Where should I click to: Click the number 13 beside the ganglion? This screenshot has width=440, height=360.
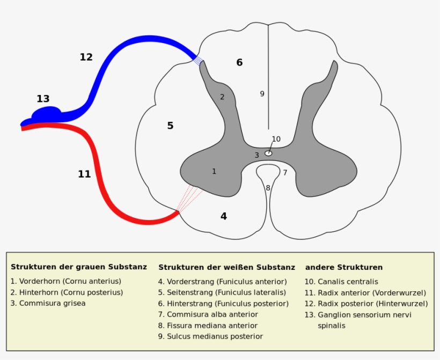pyautogui.click(x=43, y=99)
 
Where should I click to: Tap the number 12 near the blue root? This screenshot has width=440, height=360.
pyautogui.click(x=86, y=57)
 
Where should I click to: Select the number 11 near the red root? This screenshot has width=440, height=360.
pyautogui.click(x=84, y=174)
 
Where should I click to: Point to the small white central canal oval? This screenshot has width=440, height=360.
pyautogui.click(x=268, y=153)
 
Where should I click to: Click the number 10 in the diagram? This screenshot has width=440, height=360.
pyautogui.click(x=276, y=139)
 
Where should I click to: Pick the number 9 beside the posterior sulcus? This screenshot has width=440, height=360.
pyautogui.click(x=262, y=94)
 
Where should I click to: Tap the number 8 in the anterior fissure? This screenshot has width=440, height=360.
pyautogui.click(x=268, y=188)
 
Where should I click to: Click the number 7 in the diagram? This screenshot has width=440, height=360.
pyautogui.click(x=285, y=173)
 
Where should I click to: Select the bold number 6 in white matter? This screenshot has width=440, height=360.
pyautogui.click(x=239, y=62)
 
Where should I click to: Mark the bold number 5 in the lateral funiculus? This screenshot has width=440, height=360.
pyautogui.click(x=170, y=126)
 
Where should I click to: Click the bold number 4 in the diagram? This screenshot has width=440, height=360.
pyautogui.click(x=224, y=216)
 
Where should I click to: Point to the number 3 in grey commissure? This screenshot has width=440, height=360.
pyautogui.click(x=256, y=155)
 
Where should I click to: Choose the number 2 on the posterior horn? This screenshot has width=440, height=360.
pyautogui.click(x=222, y=97)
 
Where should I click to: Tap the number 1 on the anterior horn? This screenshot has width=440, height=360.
pyautogui.click(x=214, y=171)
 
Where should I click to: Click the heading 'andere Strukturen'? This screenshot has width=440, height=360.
pyautogui.click(x=343, y=267)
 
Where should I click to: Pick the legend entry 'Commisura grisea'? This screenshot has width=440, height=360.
pyautogui.click(x=48, y=303)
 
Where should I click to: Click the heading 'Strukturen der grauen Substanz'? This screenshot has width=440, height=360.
pyautogui.click(x=78, y=267)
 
